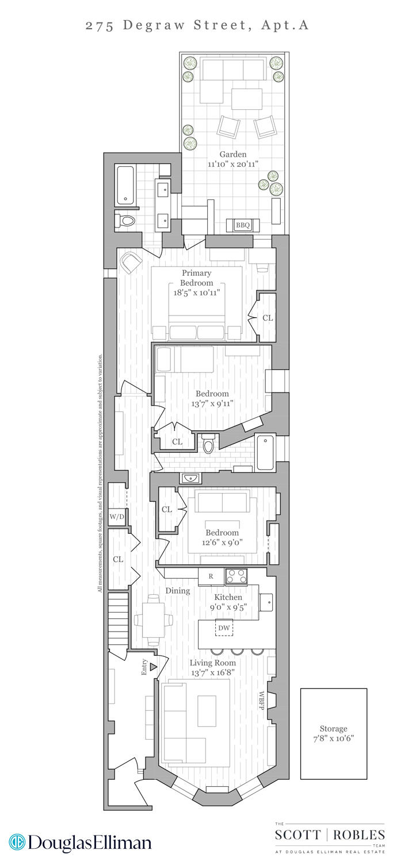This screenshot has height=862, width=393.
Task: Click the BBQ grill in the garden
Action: click(x=242, y=225)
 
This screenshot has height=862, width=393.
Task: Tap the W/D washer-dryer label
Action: click(x=117, y=517)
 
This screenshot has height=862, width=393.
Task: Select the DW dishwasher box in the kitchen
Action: click(x=224, y=628)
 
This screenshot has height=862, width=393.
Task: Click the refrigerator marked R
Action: click(x=211, y=576)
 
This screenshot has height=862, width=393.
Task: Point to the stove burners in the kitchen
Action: click(x=236, y=575)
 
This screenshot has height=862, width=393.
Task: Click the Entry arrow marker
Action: click(x=153, y=667)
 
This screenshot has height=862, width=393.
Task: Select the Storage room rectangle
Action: click(x=333, y=733)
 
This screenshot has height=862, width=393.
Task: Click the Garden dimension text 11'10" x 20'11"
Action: click(x=233, y=164)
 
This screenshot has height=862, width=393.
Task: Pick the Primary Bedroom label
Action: click(x=196, y=278)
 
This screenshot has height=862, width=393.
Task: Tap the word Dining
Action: click(x=178, y=590)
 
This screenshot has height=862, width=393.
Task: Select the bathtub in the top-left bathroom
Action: click(x=125, y=184)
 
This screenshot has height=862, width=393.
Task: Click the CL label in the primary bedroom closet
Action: click(x=268, y=318)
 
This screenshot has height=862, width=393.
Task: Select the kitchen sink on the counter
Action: click(x=266, y=601)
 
